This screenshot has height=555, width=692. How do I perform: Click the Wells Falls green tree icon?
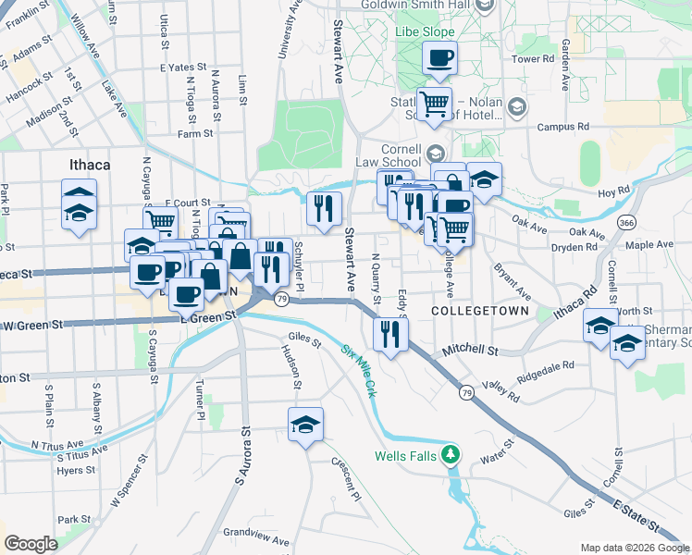(451, 455)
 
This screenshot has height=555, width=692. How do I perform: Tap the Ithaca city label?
(90, 165)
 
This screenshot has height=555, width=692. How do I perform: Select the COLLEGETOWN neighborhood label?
(480, 312)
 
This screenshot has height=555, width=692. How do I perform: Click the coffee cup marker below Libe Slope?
(439, 58)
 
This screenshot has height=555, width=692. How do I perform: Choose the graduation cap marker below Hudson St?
(305, 425)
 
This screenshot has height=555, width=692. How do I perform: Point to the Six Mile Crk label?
(361, 366)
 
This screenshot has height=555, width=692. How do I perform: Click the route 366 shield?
(627, 223)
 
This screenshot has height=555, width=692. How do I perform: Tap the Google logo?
(31, 543)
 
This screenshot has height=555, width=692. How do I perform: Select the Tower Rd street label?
(532, 59)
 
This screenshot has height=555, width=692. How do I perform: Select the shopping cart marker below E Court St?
(160, 220)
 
